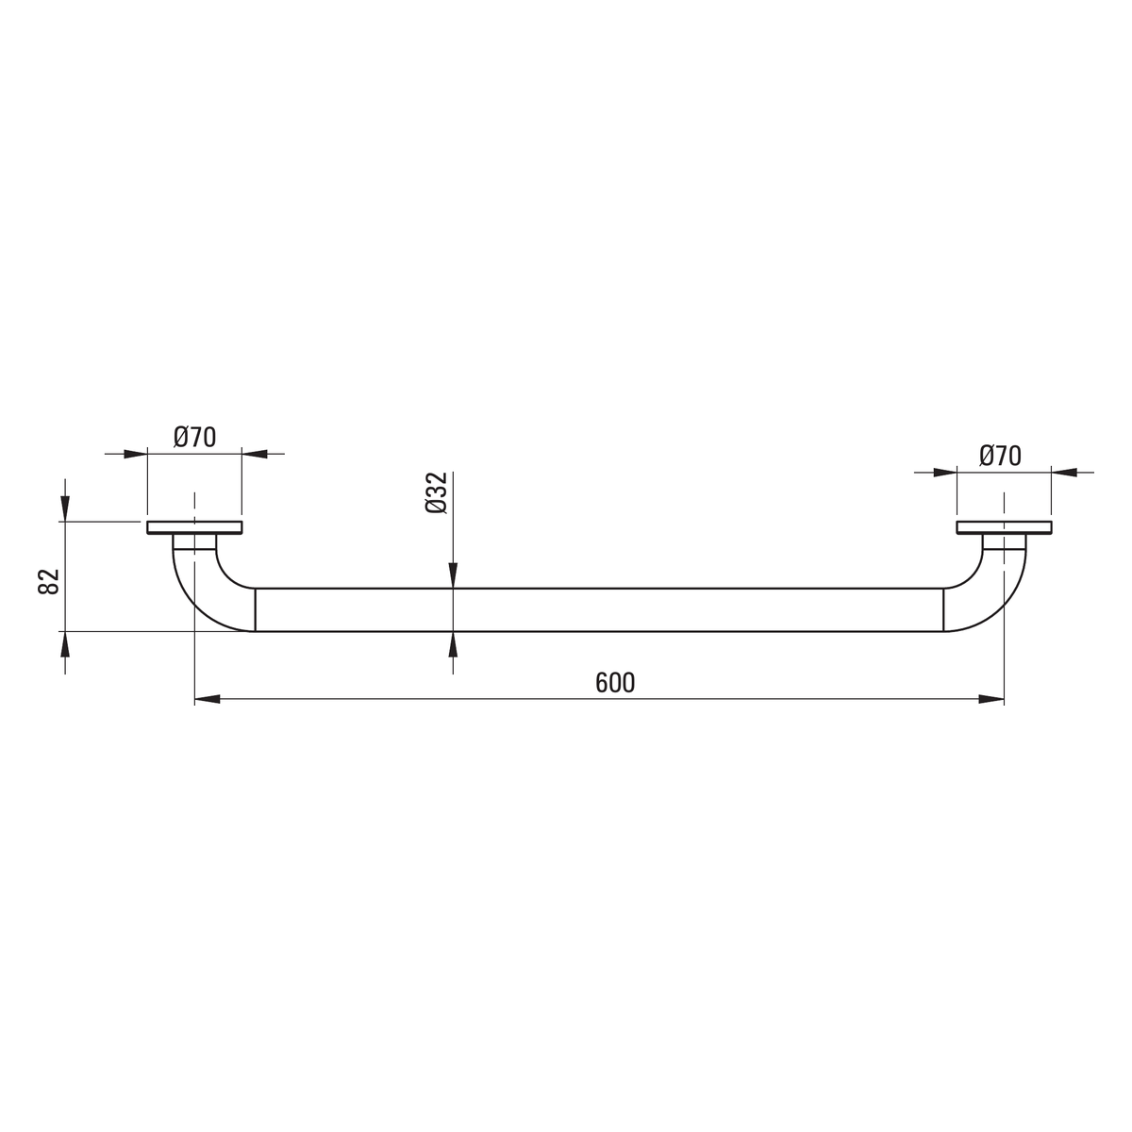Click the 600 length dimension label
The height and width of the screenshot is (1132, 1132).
tap(614, 683)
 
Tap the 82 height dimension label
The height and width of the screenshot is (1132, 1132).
tap(49, 582)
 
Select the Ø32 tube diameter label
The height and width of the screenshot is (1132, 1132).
tap(437, 492)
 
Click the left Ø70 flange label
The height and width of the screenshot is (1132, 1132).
tap(195, 437)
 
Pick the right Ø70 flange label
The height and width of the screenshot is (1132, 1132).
tap(1001, 456)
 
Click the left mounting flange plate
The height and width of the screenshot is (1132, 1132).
tap(194, 527)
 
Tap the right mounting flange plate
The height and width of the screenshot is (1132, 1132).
tap(1004, 527)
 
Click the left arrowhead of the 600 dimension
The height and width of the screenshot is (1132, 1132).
tap(207, 699)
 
